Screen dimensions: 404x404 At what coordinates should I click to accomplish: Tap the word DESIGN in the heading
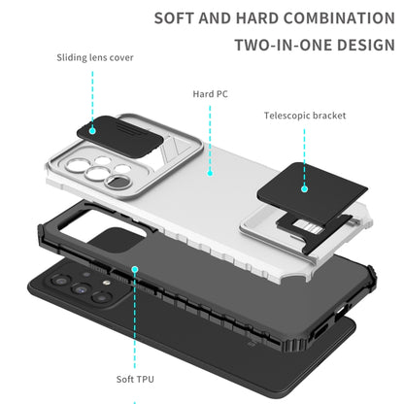tap(366, 45)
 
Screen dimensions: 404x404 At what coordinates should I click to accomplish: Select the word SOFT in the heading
tap(175, 18)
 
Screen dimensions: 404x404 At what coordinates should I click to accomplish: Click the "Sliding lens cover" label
tap(95, 57)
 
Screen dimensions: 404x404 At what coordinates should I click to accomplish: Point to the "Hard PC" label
tap(211, 94)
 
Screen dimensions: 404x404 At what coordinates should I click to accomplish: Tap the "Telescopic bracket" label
tap(305, 116)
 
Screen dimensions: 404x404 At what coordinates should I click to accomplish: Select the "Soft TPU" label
tap(135, 379)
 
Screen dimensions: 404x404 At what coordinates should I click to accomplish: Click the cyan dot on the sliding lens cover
tap(92, 131)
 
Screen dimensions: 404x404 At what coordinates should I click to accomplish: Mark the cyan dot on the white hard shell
tap(210, 173)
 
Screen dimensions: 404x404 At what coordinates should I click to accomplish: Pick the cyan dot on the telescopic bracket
tap(304, 189)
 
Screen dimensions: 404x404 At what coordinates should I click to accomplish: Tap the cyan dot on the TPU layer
tap(135, 269)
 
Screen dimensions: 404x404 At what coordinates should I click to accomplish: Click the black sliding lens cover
tap(119, 135)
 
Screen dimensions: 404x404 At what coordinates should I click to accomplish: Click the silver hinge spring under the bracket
tap(309, 226)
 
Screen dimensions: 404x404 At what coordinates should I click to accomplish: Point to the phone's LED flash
tap(105, 283)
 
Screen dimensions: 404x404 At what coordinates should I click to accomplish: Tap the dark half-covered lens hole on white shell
tap(117, 182)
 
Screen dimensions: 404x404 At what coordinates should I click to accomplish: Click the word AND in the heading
tap(216, 18)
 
